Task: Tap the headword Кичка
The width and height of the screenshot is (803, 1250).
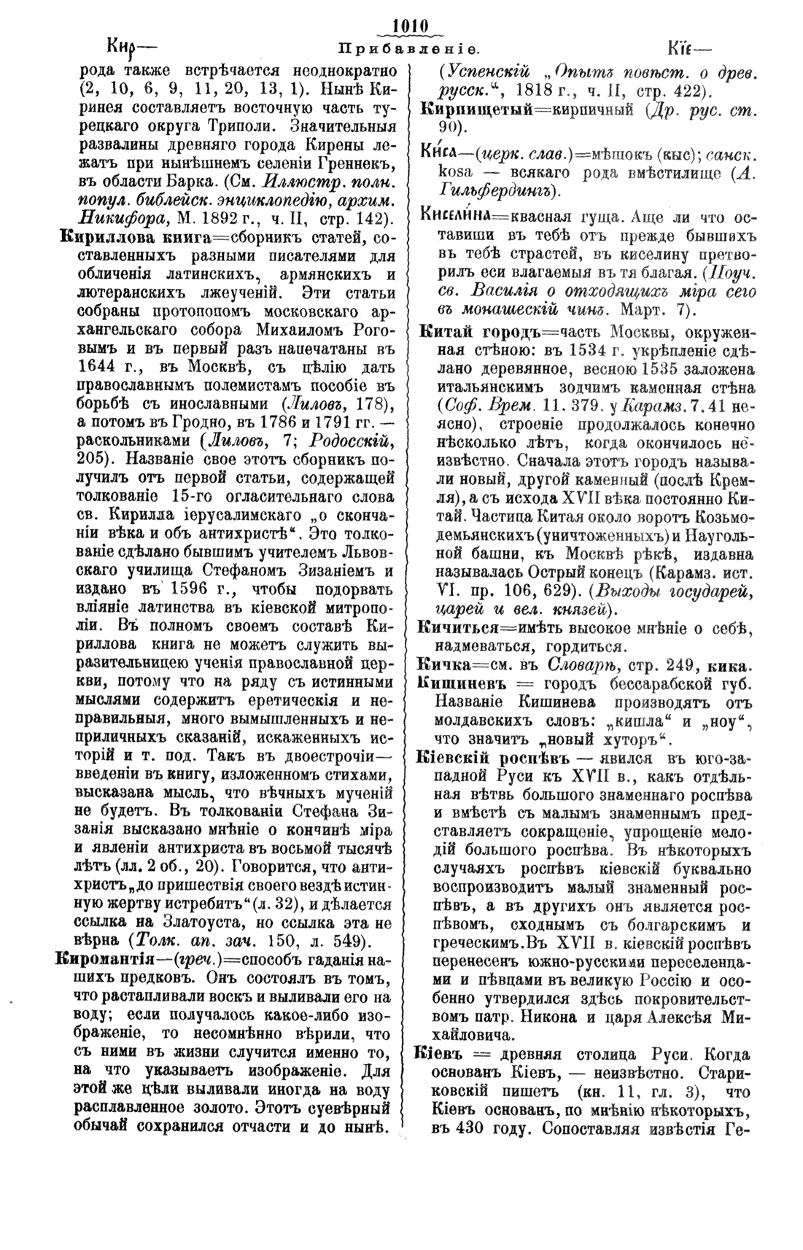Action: [x=438, y=666]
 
